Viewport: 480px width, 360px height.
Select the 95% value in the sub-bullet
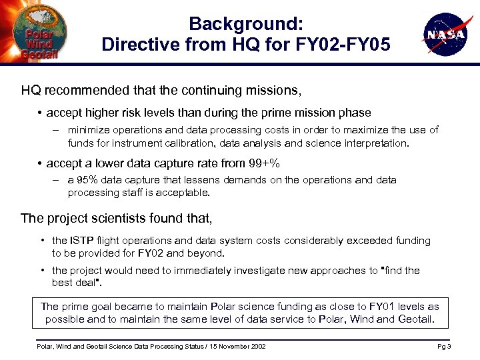84,180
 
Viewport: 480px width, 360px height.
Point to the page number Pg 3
444,347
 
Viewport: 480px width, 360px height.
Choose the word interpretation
377,143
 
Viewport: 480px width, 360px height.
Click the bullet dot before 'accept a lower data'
41,163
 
